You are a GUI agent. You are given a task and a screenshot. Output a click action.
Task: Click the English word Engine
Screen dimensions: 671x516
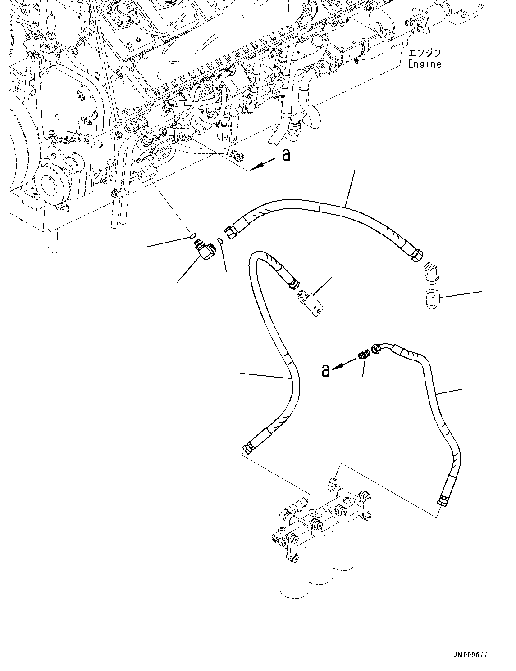[x=425, y=64]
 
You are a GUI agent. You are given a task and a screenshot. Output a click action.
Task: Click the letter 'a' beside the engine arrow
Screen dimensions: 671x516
[x=286, y=155]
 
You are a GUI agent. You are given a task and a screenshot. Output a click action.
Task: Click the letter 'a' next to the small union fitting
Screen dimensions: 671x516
[x=325, y=371]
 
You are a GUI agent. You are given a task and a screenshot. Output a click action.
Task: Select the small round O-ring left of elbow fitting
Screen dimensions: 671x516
[x=192, y=234]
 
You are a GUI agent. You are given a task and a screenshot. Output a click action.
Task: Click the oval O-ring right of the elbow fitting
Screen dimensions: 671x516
[x=220, y=242]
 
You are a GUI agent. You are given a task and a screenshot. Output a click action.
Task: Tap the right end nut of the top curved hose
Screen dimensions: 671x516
[x=416, y=255]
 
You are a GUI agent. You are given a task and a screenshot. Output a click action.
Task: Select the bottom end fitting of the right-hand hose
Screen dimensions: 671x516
[x=443, y=500]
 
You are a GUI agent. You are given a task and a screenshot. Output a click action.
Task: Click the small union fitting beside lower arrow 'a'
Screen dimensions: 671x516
[x=364, y=355]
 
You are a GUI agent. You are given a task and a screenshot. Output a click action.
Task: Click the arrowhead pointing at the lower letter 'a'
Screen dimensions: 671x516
[x=339, y=365]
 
